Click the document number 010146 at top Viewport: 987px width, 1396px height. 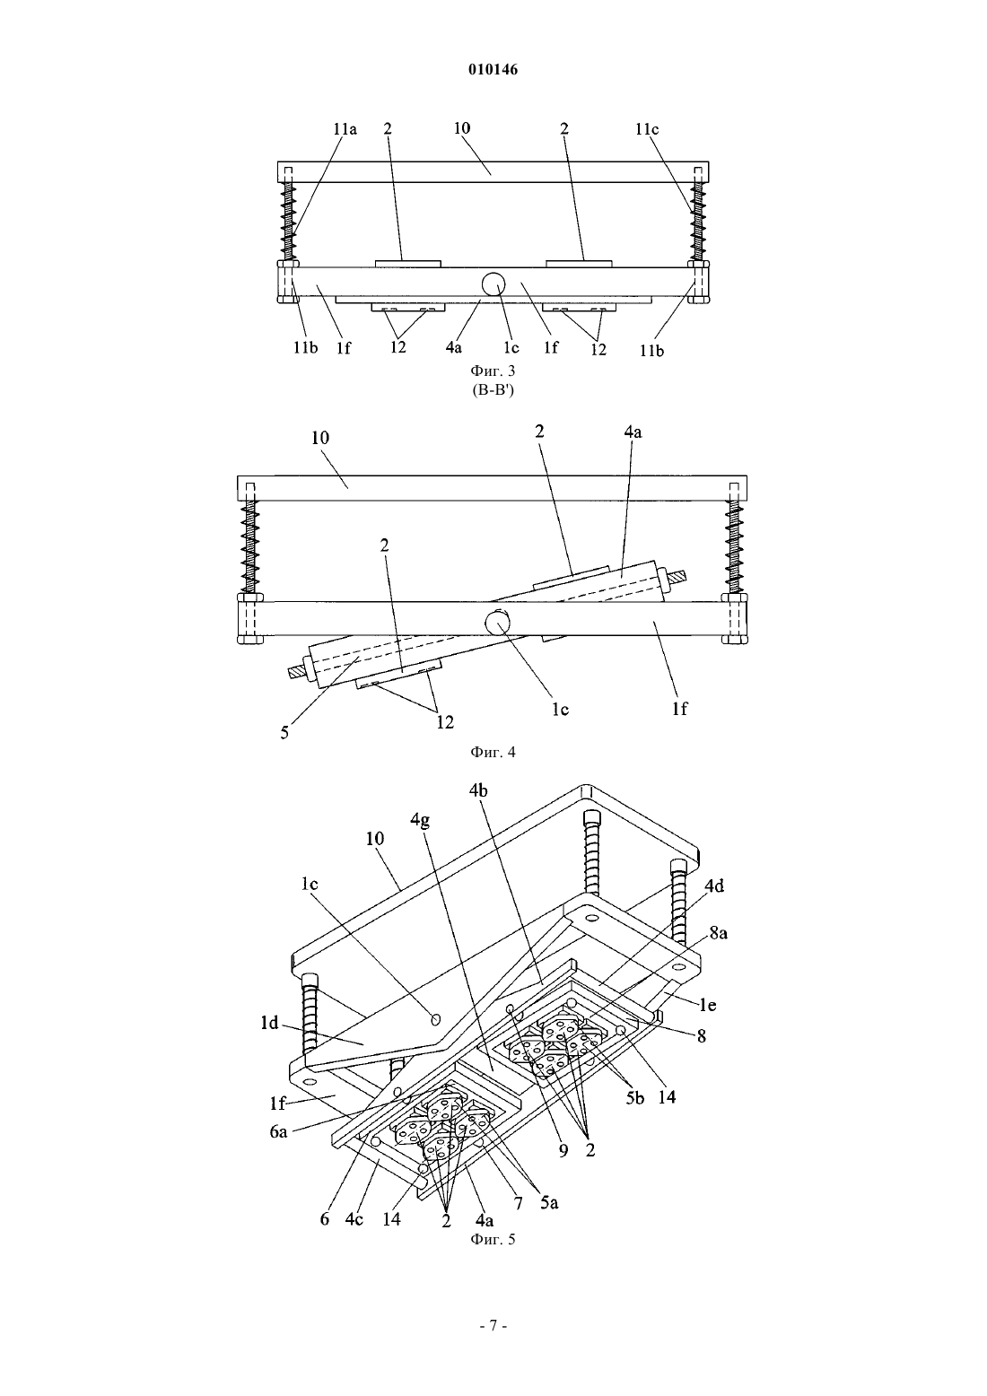[493, 70]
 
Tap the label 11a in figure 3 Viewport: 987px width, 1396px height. [345, 129]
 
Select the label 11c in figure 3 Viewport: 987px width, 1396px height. [647, 129]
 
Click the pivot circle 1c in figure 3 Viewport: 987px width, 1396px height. [493, 284]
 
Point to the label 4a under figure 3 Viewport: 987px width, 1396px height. [453, 348]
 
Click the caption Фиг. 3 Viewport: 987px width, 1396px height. [493, 371]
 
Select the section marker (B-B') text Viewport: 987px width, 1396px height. [493, 391]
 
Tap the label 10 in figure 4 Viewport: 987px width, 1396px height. [319, 438]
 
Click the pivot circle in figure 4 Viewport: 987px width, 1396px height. [497, 622]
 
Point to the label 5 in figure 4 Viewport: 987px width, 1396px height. [284, 733]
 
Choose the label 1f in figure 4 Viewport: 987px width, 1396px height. [679, 710]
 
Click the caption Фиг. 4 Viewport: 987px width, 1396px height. [493, 752]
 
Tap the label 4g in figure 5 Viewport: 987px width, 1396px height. [420, 821]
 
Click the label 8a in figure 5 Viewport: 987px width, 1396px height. [718, 934]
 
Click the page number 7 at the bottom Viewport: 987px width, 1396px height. [493, 1325]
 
